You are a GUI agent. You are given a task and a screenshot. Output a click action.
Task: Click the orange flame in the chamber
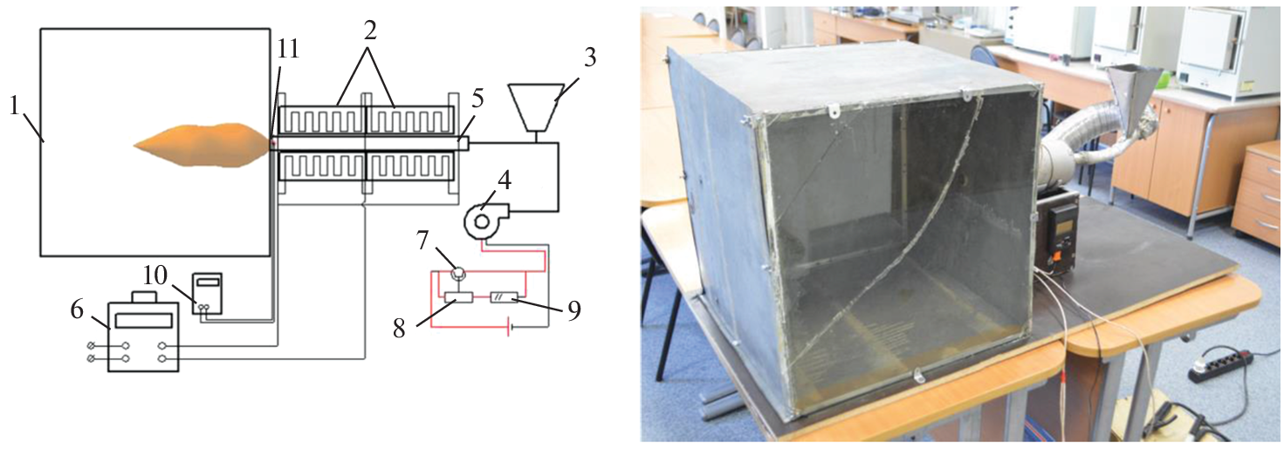(x=201, y=145)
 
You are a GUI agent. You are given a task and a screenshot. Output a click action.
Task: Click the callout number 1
(x=15, y=106)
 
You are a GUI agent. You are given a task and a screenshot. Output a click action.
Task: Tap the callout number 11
(x=288, y=49)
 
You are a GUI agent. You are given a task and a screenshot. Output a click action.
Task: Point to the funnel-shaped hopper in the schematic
(x=535, y=109)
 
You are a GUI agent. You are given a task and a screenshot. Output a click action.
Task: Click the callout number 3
(x=590, y=58)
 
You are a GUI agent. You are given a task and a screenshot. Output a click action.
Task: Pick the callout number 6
(x=78, y=310)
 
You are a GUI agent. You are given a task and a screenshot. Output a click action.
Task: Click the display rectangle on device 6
(x=144, y=320)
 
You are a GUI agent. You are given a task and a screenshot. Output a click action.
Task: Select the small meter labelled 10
(x=207, y=293)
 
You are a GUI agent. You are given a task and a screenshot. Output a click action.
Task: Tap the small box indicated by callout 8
(x=458, y=297)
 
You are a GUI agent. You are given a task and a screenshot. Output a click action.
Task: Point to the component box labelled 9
(x=505, y=297)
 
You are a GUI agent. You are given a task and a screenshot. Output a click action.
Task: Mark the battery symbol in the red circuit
(x=510, y=328)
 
